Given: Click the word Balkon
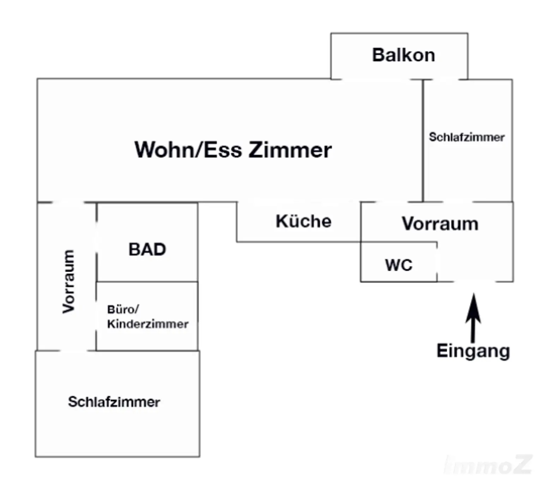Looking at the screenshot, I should [403, 55].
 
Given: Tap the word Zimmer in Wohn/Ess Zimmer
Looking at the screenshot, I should [290, 150].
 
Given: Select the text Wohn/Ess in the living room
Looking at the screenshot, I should [188, 150].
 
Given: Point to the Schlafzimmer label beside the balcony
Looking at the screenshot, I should [466, 137].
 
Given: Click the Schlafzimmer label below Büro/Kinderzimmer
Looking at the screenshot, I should [114, 402].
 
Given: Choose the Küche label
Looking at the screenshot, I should [303, 221].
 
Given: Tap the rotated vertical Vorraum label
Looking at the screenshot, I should [68, 281].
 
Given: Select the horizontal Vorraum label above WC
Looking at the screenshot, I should [440, 224].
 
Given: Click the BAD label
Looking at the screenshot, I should [147, 250].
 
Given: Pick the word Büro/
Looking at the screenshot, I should [123, 310].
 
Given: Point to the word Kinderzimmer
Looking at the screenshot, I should [147, 324].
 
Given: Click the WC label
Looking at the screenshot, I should [399, 265].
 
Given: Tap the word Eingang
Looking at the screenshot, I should [473, 351].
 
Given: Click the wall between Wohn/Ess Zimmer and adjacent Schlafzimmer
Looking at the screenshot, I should [423, 141].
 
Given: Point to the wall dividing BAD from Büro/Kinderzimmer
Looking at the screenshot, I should [147, 282].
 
